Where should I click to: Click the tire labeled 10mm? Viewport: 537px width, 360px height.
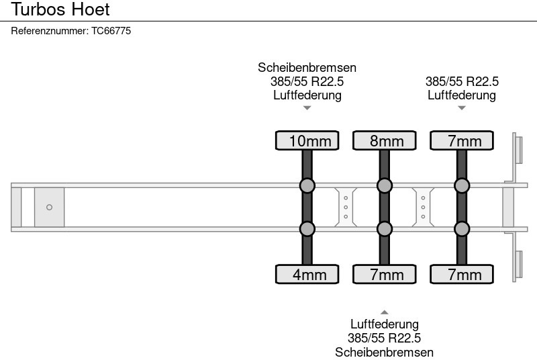click(x=307, y=140)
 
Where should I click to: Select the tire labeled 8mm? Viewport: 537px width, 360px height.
click(x=385, y=140)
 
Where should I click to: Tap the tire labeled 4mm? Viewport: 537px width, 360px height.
click(x=307, y=274)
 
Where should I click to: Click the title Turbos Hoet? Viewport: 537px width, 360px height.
click(x=60, y=10)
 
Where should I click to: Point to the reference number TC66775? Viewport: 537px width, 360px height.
click(x=70, y=31)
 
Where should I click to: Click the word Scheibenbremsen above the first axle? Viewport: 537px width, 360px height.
click(x=307, y=68)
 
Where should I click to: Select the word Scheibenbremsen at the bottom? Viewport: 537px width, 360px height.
click(x=385, y=352)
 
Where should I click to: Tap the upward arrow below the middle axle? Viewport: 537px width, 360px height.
click(x=385, y=312)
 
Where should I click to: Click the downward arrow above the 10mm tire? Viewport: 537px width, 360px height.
click(x=307, y=107)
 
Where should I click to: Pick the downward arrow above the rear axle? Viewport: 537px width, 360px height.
click(x=462, y=107)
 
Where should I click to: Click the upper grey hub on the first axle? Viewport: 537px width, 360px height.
click(x=307, y=185)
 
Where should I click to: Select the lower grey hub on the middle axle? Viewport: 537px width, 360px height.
click(x=385, y=229)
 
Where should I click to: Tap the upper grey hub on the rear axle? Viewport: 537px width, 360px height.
click(x=462, y=185)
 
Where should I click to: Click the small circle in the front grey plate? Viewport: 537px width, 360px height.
click(x=49, y=208)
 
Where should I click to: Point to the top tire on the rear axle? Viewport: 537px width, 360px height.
click(x=462, y=140)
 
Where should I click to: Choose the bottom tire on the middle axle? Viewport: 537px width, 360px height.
click(x=385, y=274)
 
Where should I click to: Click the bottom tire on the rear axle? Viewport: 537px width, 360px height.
click(x=462, y=274)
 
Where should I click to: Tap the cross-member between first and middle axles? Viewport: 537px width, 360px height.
click(x=346, y=207)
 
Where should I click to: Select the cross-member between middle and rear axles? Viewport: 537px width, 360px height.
click(x=424, y=207)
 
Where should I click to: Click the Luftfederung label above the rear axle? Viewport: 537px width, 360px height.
click(x=462, y=95)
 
